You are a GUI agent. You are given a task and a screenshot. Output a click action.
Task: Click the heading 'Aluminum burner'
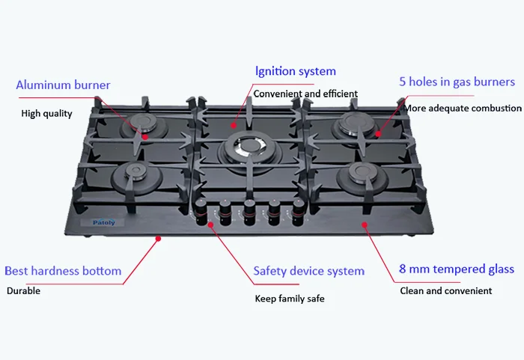63,85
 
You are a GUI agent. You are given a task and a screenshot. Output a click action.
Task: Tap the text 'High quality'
46,114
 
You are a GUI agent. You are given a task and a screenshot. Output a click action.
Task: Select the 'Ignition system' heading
296,72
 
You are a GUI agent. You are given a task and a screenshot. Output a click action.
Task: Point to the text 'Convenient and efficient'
305,94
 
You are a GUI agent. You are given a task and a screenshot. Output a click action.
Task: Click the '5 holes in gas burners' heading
457,82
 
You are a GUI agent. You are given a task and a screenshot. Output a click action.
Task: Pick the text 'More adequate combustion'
463,109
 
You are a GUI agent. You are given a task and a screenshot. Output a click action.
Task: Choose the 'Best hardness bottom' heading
63,271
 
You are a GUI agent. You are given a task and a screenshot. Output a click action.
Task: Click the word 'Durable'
23,290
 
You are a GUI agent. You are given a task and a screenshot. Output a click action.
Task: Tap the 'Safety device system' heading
309,271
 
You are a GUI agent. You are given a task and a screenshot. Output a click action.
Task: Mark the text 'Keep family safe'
290,299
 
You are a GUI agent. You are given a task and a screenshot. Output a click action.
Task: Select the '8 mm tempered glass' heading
457,269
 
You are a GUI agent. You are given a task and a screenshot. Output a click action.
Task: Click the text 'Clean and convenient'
446,290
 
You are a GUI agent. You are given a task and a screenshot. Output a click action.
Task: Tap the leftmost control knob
202,210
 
